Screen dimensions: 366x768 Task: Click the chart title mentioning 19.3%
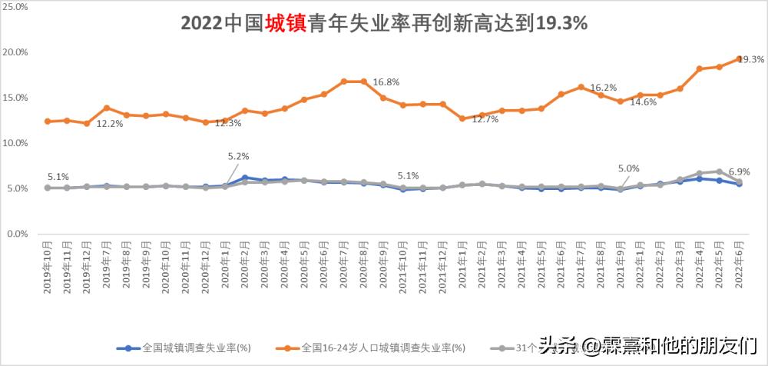(x=384, y=23)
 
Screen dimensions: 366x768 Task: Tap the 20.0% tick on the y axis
(x=16, y=52)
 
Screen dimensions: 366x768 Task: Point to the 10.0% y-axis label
(x=16, y=143)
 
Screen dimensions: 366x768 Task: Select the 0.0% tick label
(x=18, y=234)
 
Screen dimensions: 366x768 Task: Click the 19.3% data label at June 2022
(x=751, y=60)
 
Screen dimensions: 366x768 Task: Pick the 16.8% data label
(x=386, y=82)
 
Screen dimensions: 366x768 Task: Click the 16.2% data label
(x=604, y=88)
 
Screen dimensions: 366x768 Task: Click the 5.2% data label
(x=238, y=156)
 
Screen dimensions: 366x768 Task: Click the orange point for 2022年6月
(x=739, y=58)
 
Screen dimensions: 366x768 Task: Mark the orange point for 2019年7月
(x=107, y=108)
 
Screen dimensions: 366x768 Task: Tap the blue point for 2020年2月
(x=245, y=178)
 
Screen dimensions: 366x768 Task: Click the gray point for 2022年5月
(x=719, y=171)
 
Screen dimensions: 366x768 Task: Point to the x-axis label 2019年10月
(x=48, y=265)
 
